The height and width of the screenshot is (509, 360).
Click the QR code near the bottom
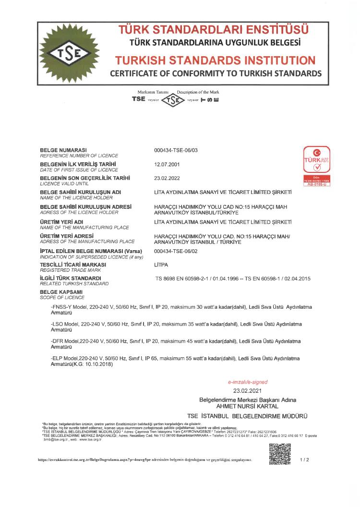279,454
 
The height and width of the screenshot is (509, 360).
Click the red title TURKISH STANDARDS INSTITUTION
215,61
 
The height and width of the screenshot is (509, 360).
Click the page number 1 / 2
304,460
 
